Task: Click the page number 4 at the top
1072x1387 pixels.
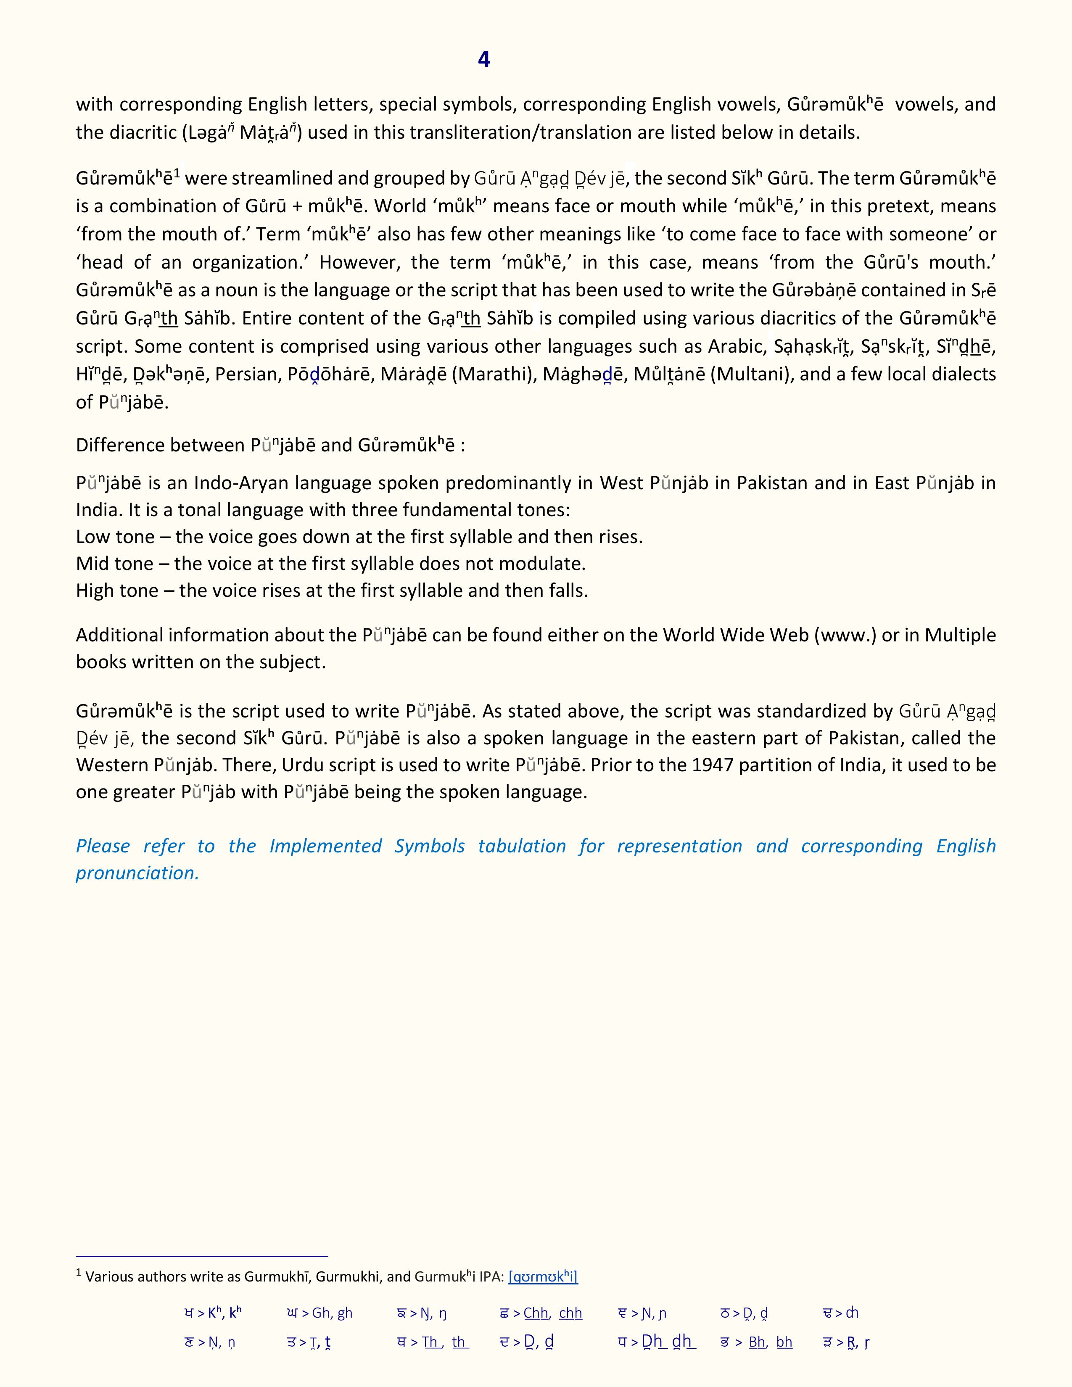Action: click(483, 59)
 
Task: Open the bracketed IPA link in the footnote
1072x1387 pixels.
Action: click(543, 1276)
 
